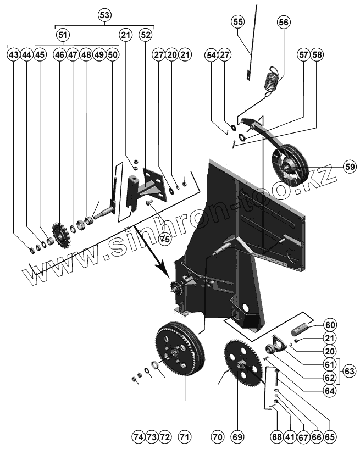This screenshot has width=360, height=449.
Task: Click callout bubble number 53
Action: (x=104, y=15)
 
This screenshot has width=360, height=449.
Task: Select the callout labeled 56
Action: (x=283, y=23)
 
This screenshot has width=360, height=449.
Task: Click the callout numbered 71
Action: (x=184, y=437)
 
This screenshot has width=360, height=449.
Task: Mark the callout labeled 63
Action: (x=350, y=372)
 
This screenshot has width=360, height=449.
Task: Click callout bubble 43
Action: (x=14, y=55)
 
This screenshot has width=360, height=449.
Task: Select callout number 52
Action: (x=145, y=35)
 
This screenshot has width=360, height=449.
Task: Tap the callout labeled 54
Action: (x=211, y=55)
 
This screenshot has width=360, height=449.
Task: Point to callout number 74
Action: (x=138, y=437)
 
